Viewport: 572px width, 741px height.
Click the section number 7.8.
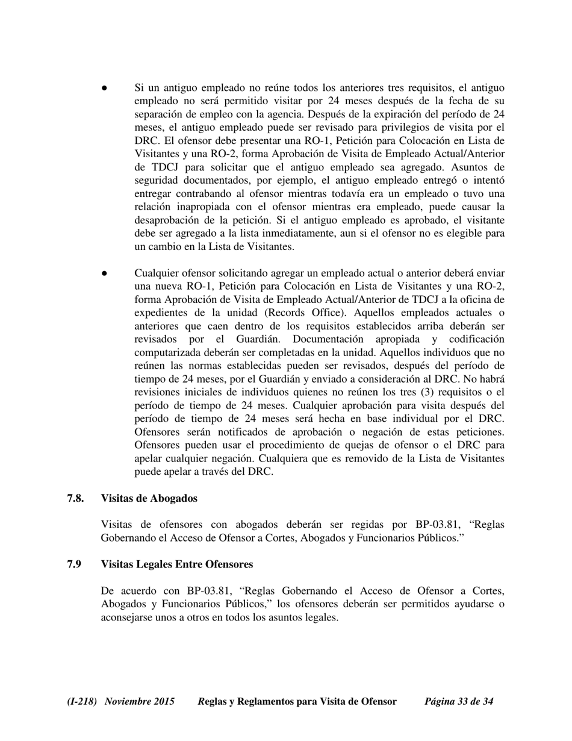click(x=75, y=498)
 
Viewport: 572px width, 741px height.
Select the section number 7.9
click(x=74, y=564)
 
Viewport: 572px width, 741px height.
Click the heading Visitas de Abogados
click(x=149, y=498)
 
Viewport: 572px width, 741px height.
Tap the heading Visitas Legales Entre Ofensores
click(x=176, y=564)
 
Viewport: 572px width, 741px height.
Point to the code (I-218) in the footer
click(x=82, y=701)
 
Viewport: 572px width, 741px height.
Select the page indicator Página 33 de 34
click(x=459, y=701)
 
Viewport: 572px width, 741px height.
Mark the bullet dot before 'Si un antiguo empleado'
click(x=104, y=88)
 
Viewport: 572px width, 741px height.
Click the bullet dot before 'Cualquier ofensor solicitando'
click(x=104, y=273)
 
